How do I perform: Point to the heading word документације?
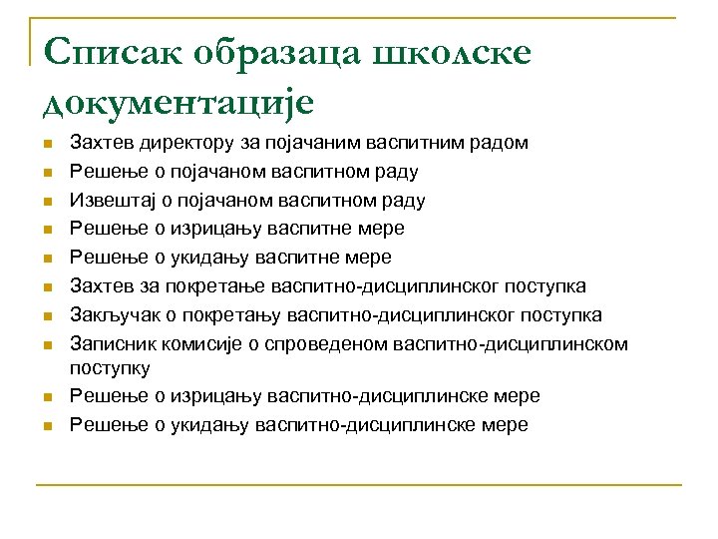point(179,102)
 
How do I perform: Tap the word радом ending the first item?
point(499,143)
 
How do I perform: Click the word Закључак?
point(112,315)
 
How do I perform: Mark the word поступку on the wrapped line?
point(110,368)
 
